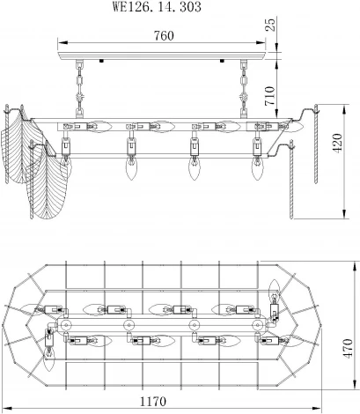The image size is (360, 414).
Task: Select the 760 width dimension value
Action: coord(163,36)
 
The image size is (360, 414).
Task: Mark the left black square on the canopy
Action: coord(102,62)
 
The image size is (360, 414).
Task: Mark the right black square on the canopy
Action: coord(224,62)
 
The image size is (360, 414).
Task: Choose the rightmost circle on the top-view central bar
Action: coord(258,326)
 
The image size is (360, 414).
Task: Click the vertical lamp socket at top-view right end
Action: coord(275,308)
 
